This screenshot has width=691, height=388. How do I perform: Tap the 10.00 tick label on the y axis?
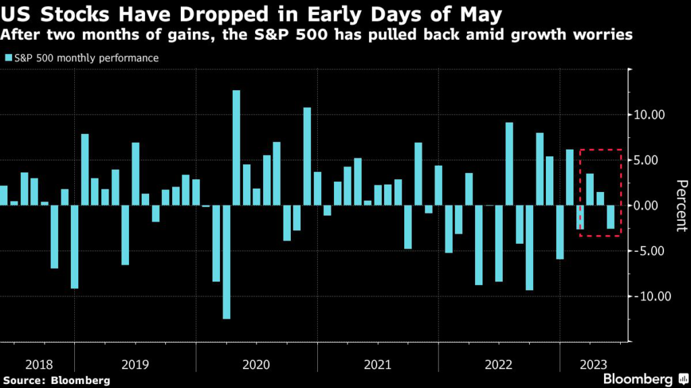[x=647, y=115]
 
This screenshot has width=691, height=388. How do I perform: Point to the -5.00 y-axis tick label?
[x=646, y=251]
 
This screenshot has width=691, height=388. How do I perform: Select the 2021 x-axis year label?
[x=377, y=364]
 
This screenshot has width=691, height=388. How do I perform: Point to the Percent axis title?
[x=682, y=205]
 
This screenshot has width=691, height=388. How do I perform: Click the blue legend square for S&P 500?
[x=9, y=59]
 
